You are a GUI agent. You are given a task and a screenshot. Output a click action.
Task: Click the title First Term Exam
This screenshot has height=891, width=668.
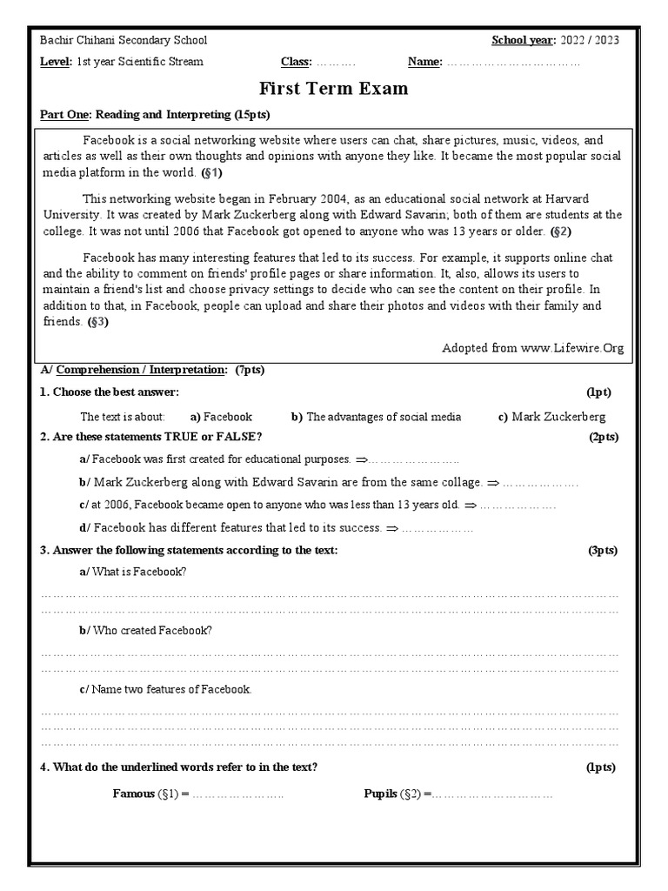click(333, 89)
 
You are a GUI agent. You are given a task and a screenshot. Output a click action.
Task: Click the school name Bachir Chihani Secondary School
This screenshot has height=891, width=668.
click(124, 41)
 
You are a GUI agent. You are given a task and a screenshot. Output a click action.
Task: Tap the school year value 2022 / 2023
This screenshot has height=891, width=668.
click(589, 41)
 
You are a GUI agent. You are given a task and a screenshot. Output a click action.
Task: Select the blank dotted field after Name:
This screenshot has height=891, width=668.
click(513, 62)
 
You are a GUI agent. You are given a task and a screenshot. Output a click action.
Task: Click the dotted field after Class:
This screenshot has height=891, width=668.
click(335, 62)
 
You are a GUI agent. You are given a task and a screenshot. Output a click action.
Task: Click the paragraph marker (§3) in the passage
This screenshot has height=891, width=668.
click(97, 321)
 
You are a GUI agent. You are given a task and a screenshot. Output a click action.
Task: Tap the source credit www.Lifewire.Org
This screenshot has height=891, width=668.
click(572, 348)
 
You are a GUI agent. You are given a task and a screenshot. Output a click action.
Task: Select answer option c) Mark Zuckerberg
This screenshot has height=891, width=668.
click(551, 417)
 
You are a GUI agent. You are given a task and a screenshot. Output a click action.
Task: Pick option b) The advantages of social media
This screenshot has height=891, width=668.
click(377, 417)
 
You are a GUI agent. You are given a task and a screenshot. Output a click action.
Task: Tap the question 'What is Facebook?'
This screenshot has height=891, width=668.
click(132, 572)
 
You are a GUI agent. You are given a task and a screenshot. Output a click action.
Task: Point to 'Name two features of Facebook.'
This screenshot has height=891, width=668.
click(165, 689)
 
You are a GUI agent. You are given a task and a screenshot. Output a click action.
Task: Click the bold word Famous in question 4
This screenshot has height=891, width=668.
click(133, 794)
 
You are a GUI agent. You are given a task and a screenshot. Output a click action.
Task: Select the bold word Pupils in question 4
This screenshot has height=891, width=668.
click(380, 794)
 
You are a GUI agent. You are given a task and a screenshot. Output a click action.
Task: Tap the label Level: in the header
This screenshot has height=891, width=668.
click(56, 62)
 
